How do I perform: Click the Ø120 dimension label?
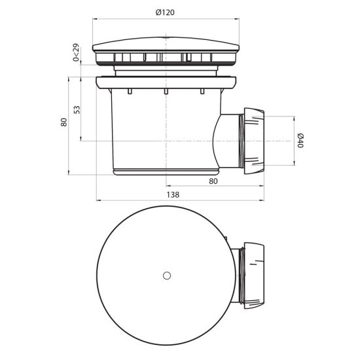point(165,12)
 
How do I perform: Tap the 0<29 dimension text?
point(76,52)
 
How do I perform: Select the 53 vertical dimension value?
point(77,109)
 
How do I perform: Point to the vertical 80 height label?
point(64,122)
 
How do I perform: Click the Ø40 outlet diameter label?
point(300,141)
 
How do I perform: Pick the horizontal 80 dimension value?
point(213,181)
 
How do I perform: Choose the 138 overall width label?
point(173,194)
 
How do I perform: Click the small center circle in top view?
point(167,276)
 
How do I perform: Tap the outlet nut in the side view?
point(254,141)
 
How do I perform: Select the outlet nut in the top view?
point(254,276)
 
